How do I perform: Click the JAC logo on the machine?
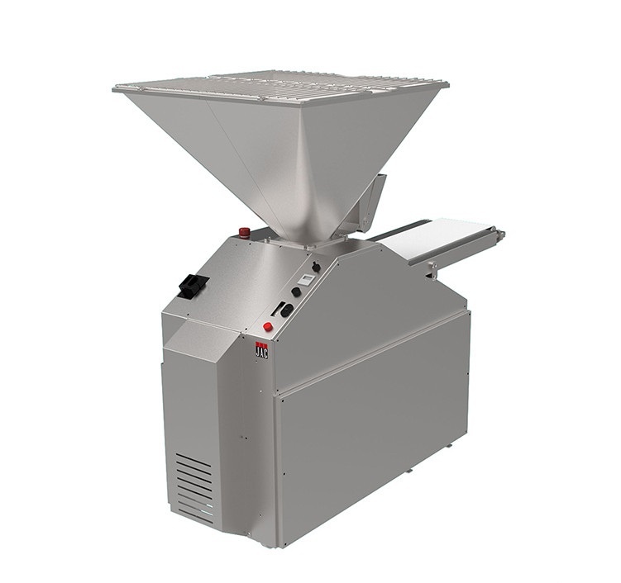point(261,349)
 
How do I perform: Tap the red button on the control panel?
point(268,326)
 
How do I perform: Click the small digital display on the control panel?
point(305,279)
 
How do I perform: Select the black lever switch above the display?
point(316,267)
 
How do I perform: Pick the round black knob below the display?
point(295,291)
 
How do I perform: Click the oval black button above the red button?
point(287,310)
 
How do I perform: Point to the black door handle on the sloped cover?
point(193,285)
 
